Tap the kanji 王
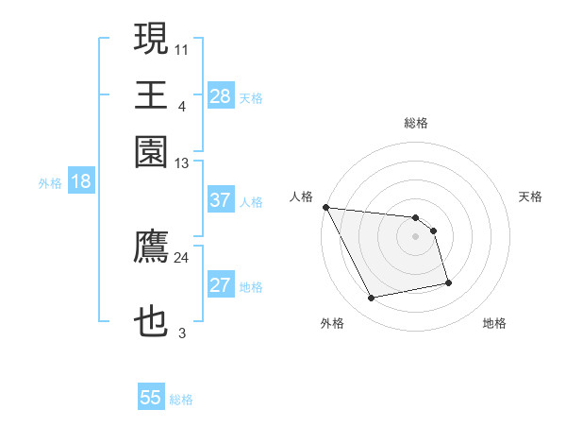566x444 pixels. click(x=151, y=95)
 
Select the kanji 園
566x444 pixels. click(x=151, y=152)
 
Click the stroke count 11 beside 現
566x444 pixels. click(x=182, y=48)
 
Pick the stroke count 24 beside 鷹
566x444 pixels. click(x=182, y=257)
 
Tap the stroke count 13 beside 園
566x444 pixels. click(x=182, y=163)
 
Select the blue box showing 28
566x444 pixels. click(x=220, y=95)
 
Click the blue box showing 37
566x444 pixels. click(x=220, y=200)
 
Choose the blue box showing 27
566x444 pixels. click(x=220, y=285)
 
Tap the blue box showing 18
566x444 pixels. click(x=80, y=181)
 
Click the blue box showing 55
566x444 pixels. click(x=151, y=398)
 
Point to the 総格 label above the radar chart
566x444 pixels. click(x=415, y=123)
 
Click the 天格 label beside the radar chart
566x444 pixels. click(x=530, y=196)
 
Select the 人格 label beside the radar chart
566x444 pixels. click(x=302, y=196)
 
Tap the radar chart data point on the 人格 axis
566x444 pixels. click(x=325, y=207)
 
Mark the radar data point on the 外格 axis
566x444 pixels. click(x=372, y=299)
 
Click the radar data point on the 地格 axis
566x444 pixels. click(x=448, y=282)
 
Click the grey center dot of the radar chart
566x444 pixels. click(x=415, y=236)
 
